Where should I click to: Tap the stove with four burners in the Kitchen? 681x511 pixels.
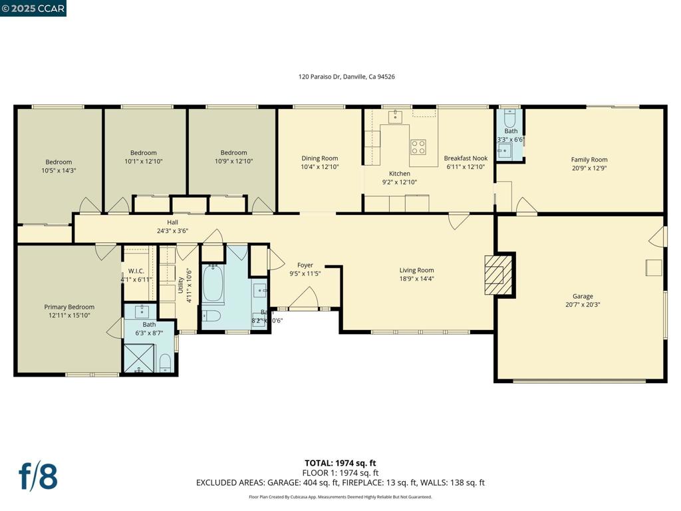(418, 146)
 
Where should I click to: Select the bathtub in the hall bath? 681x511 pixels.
(213, 284)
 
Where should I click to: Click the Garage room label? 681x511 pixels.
(583, 297)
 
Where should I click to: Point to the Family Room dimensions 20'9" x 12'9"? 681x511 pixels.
(589, 168)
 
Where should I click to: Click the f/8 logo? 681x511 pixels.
(37, 476)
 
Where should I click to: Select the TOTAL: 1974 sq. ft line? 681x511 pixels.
(340, 463)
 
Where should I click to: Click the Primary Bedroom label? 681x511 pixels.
(69, 307)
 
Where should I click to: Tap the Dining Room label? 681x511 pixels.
(320, 158)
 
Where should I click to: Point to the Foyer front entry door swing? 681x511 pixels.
(303, 299)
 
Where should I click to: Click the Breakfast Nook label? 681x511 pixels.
(466, 158)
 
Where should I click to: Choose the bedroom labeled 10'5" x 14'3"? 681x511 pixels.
(59, 166)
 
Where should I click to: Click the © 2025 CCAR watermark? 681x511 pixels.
(33, 8)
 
